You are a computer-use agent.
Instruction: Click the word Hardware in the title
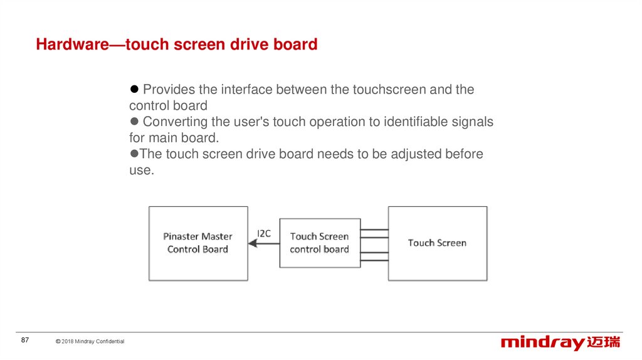[73, 45]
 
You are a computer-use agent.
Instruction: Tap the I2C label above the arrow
[264, 233]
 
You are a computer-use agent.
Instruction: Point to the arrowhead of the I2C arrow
[253, 243]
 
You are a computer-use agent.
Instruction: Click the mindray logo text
[543, 343]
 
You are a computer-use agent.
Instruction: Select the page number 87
[25, 340]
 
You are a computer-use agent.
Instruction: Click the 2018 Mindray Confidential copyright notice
[90, 341]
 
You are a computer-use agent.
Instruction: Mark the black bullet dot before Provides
[134, 89]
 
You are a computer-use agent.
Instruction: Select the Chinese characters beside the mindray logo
[604, 342]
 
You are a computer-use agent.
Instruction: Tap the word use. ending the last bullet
[142, 170]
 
